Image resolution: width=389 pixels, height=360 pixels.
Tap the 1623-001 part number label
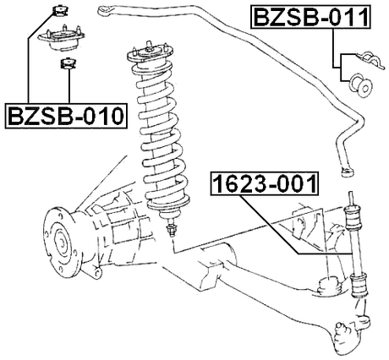pyautogui.click(x=263, y=182)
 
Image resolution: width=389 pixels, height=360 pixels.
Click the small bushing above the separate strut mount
pyautogui.click(x=60, y=11)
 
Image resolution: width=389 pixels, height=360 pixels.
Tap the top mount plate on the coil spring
pyautogui.click(x=149, y=57)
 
